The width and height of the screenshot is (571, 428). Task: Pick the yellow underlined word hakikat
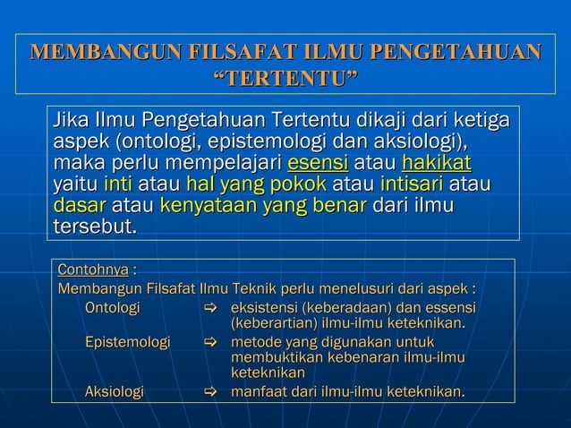click(x=437, y=164)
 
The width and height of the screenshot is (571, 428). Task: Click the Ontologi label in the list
click(x=112, y=309)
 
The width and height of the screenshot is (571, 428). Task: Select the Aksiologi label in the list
click(x=114, y=391)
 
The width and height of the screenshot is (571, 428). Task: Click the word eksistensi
click(x=266, y=309)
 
